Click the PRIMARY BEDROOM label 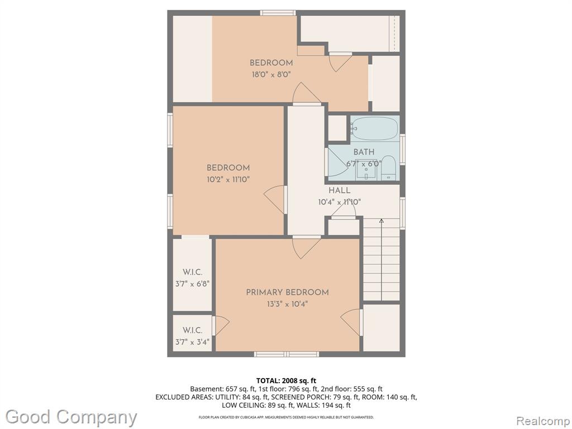point(287,292)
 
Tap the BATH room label point(364,152)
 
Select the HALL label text point(339,190)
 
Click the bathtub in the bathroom point(375,128)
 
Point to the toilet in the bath point(389,168)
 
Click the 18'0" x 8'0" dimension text point(271,75)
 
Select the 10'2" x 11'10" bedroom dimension point(228,179)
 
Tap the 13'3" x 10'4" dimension point(287,304)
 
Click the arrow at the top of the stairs point(381,221)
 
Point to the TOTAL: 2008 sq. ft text point(286,381)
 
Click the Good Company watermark point(71,417)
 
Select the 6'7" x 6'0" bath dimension point(364,164)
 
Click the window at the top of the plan point(278,13)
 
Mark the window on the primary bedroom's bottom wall point(287,354)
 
